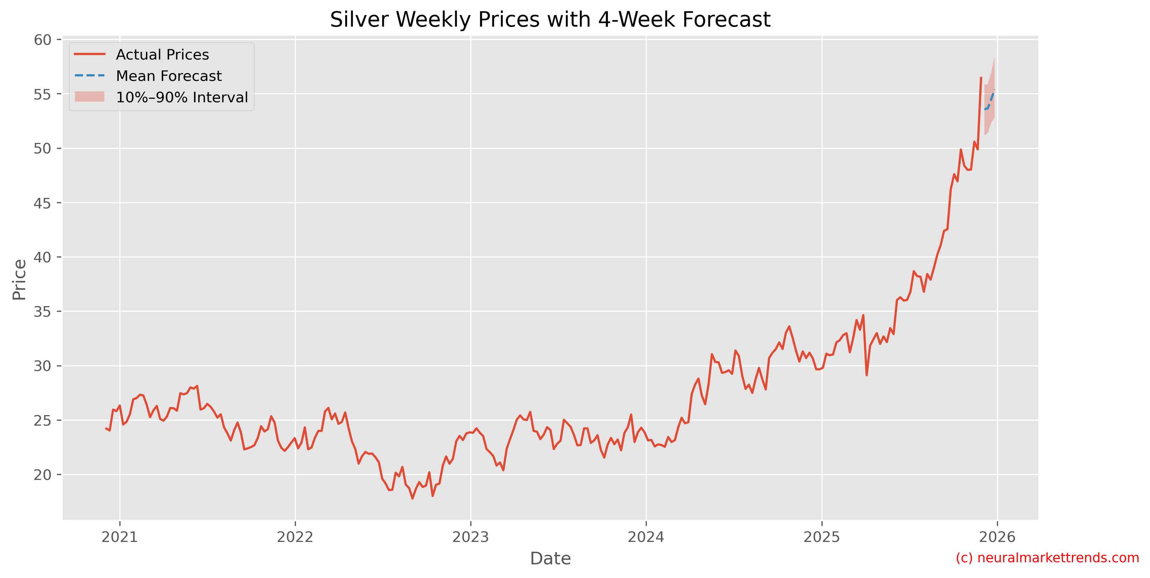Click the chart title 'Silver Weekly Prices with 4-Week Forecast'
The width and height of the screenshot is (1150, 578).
(x=550, y=20)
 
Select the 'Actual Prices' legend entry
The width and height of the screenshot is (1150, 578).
(x=162, y=55)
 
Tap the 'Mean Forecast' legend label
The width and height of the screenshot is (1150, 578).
(x=168, y=76)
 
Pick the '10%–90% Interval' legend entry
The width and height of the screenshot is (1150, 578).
(x=182, y=97)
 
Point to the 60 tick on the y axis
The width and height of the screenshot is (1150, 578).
(x=42, y=40)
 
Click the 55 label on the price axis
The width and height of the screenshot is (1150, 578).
(x=42, y=94)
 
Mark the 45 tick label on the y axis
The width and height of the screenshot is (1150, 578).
(x=42, y=203)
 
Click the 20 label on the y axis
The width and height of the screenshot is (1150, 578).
(x=42, y=475)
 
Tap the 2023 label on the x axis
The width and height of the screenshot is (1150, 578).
(x=471, y=537)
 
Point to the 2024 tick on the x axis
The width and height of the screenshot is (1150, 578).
(x=646, y=537)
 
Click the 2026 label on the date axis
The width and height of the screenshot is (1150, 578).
(x=997, y=537)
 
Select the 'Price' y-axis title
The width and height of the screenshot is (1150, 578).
(x=19, y=280)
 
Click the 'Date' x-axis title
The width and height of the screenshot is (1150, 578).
(x=550, y=559)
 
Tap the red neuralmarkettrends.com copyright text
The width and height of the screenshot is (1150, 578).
(x=1047, y=558)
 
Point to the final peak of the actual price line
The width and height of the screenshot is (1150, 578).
(x=981, y=78)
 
